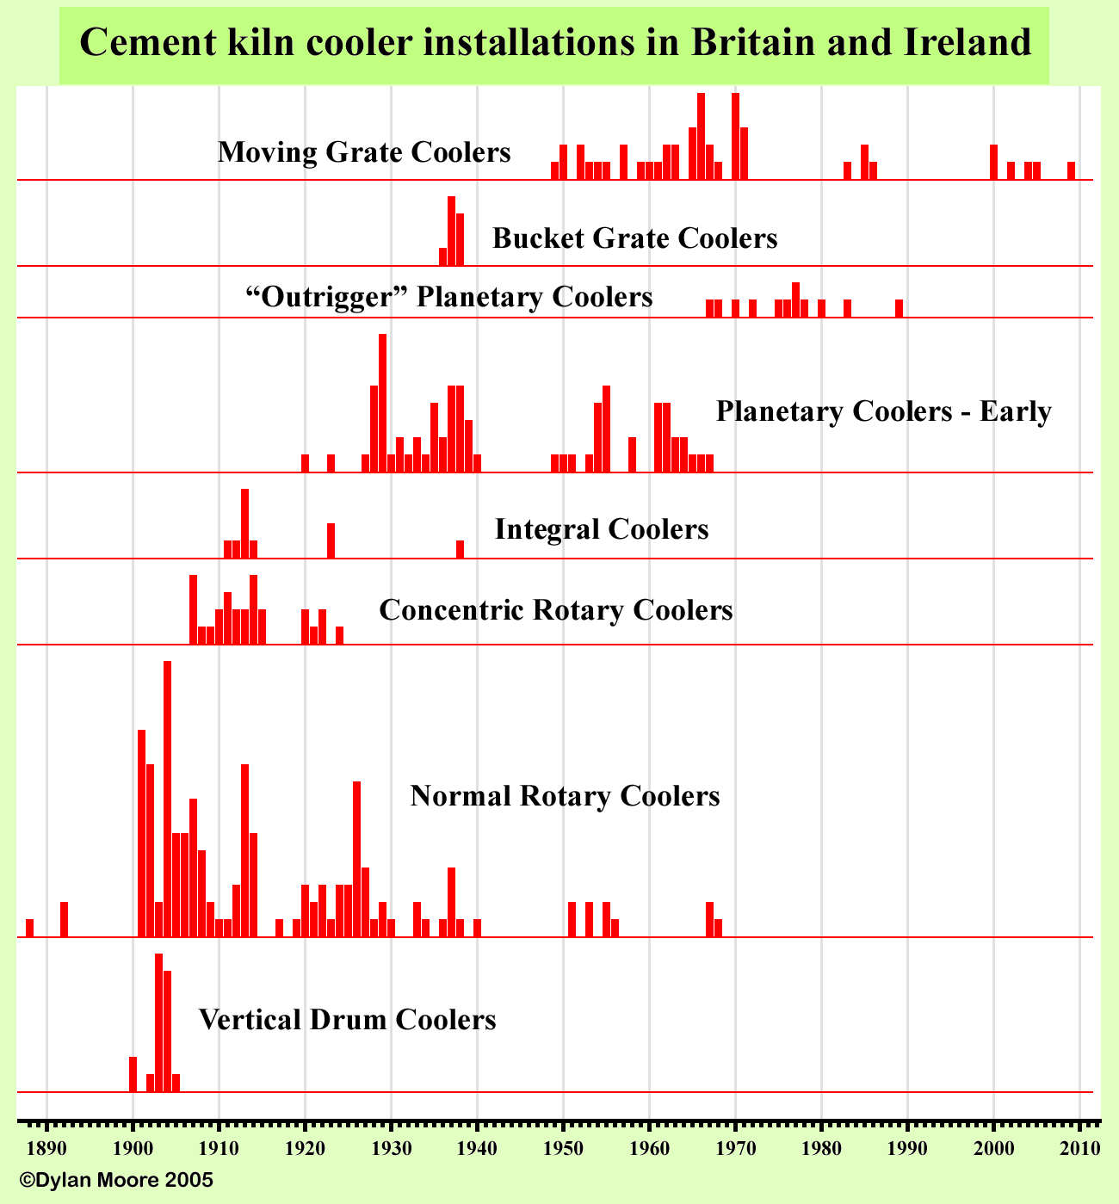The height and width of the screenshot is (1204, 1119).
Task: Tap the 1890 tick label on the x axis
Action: [46, 1150]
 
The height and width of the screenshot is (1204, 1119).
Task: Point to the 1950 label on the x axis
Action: [563, 1150]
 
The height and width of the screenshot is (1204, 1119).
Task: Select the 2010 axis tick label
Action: [1079, 1150]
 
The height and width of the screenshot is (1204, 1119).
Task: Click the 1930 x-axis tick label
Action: [391, 1150]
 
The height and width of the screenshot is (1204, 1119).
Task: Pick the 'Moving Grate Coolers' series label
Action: [364, 152]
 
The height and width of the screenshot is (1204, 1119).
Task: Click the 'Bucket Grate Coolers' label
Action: [634, 238]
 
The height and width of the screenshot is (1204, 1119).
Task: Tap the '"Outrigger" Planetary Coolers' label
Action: [448, 297]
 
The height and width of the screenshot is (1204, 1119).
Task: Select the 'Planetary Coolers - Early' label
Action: [883, 411]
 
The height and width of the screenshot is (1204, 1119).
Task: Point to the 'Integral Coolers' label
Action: [602, 528]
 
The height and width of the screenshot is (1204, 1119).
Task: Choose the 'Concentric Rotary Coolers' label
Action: [555, 610]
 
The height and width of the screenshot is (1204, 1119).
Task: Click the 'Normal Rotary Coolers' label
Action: [565, 795]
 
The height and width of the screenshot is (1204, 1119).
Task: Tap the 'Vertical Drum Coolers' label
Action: [347, 1020]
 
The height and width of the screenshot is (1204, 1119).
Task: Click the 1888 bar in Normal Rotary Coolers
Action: [29, 928]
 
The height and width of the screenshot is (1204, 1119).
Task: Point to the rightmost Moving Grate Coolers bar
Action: [1071, 170]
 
